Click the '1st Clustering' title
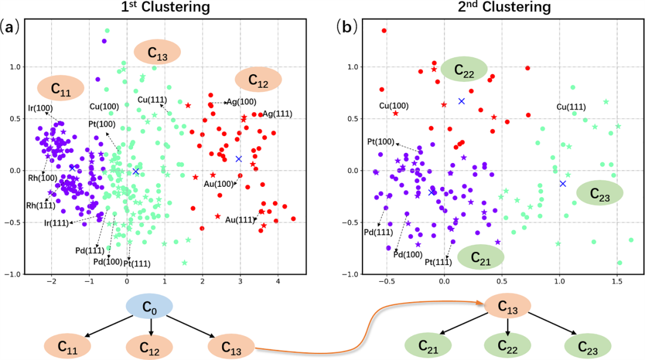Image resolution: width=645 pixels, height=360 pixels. pos(165,7)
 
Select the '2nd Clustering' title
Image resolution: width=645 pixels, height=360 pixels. pos(504,7)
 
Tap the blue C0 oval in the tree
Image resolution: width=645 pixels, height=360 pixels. pos(149,306)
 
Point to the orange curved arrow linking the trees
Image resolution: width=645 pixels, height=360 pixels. pos(368,325)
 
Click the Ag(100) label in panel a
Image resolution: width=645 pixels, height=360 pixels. pos(241,101)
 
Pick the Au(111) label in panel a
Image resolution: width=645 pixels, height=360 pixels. pos(240,220)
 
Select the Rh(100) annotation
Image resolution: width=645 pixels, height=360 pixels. pos(42,178)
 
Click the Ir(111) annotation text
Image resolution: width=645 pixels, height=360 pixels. pos(56,223)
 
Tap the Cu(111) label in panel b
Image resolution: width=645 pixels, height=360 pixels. pos(571,107)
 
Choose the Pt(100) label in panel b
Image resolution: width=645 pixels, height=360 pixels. pos(380,142)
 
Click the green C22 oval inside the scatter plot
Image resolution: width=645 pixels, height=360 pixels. pos(464,69)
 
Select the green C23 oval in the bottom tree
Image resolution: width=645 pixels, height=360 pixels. pos(588,346)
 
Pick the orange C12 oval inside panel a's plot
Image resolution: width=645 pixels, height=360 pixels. pos(259,79)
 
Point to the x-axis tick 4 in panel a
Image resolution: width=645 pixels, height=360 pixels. pos(278,281)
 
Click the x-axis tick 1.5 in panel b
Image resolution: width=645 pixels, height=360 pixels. pos(617,281)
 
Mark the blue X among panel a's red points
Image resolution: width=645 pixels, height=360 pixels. pos(238,159)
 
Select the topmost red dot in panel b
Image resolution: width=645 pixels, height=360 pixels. pos(384,30)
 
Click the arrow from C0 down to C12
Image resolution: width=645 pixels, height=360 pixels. pos(151,327)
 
